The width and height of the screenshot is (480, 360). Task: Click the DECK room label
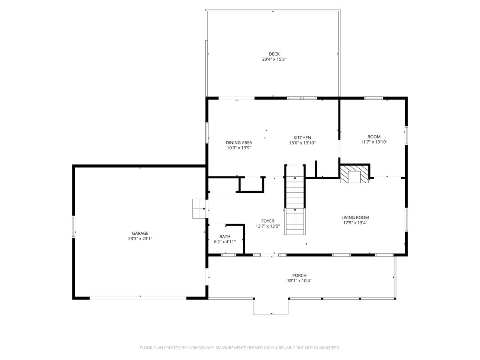[274, 54]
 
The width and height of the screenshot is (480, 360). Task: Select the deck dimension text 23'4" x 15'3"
[274, 59]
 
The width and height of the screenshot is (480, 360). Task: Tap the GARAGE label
[140, 233]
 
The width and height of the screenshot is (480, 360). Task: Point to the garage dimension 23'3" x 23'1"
[140, 238]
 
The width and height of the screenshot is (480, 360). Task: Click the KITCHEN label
[302, 138]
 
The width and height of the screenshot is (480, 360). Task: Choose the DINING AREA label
[239, 142]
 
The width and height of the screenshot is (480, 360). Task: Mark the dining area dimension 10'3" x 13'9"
[239, 148]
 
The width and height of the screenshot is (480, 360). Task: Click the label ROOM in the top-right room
[374, 137]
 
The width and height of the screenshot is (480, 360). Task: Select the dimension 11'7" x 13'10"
[374, 142]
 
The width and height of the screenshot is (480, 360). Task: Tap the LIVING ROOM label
[355, 218]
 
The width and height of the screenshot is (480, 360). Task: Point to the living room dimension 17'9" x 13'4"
[355, 223]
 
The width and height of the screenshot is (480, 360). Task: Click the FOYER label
[268, 221]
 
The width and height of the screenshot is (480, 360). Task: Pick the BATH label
[224, 236]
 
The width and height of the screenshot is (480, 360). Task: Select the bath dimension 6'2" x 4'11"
[224, 242]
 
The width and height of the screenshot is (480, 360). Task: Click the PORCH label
[299, 275]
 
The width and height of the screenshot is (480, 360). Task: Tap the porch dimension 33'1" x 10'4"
[299, 280]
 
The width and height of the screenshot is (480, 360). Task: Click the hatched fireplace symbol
[354, 174]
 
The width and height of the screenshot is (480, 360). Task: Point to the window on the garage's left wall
[74, 227]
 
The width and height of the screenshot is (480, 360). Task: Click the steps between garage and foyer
[198, 209]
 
